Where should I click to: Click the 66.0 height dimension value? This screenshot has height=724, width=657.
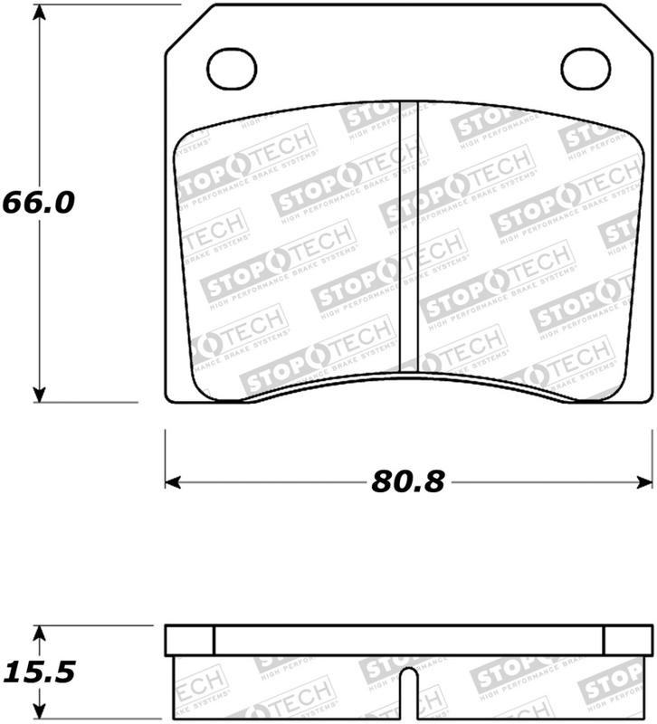pyautogui.click(x=37, y=201)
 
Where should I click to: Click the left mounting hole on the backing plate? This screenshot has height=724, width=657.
pyautogui.click(x=233, y=66)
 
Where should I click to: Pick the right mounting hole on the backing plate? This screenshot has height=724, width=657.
pyautogui.click(x=586, y=66)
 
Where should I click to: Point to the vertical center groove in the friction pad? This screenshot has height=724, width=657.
pyautogui.click(x=408, y=235)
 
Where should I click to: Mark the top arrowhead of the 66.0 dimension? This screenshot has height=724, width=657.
pyautogui.click(x=39, y=13)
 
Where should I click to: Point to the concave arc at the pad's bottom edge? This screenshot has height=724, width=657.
pyautogui.click(x=407, y=378)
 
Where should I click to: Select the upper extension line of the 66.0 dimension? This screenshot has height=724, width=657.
pyautogui.click(x=100, y=5)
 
